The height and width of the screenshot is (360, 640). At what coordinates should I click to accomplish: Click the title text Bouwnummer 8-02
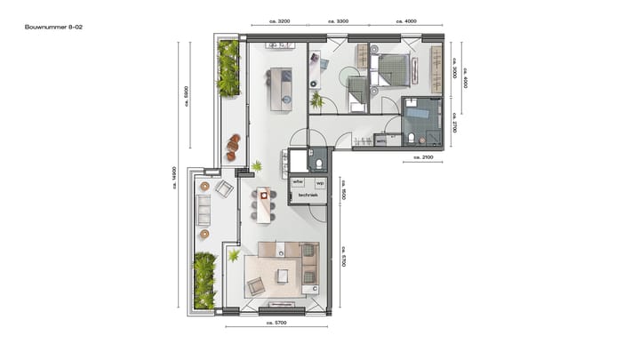pyautogui.click(x=54, y=28)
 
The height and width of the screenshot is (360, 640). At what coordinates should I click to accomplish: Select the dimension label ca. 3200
pyautogui.click(x=277, y=21)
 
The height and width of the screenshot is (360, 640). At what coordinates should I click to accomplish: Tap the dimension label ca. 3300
pyautogui.click(x=338, y=21)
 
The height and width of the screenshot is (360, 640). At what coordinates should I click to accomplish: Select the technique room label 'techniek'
pyautogui.click(x=308, y=195)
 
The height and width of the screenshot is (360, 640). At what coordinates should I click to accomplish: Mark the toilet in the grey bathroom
pyautogui.click(x=412, y=138)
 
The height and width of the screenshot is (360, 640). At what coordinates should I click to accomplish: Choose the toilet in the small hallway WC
pyautogui.click(x=319, y=164)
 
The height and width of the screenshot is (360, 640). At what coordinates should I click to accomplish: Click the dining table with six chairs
pyautogui.click(x=263, y=204)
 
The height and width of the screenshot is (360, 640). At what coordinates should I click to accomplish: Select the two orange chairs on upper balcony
pyautogui.click(x=233, y=148)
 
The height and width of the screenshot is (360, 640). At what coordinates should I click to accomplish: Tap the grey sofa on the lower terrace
pyautogui.click(x=204, y=211)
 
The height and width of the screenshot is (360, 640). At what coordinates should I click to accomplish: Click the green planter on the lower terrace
pyautogui.click(x=204, y=280)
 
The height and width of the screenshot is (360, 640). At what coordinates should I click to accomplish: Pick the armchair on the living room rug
pyautogui.click(x=255, y=285)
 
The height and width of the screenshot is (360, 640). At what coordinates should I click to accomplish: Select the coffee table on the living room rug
pyautogui.click(x=283, y=275)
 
